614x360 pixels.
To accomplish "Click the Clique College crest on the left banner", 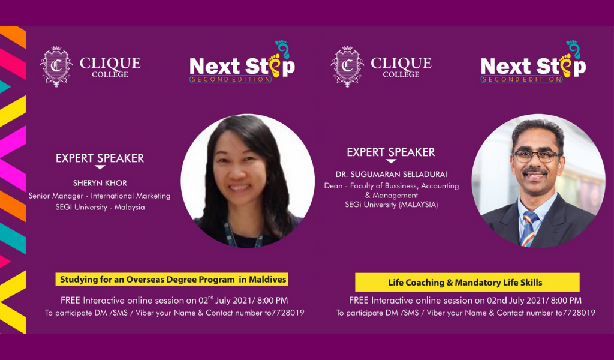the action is (56, 67).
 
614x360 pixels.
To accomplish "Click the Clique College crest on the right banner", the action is (347, 67).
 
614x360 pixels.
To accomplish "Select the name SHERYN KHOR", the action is (100, 183).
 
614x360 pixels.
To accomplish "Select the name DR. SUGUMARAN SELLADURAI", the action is (391, 175).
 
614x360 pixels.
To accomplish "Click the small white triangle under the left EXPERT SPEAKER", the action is (100, 167).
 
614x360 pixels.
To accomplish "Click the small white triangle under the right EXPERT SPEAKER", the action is (391, 161).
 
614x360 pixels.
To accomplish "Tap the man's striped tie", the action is (528, 229).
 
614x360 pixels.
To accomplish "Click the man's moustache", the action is (534, 171).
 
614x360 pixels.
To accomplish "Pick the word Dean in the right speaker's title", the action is (333, 186).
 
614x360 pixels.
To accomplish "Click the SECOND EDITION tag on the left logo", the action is (231, 80).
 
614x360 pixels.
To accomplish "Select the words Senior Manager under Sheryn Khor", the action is (56, 196).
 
